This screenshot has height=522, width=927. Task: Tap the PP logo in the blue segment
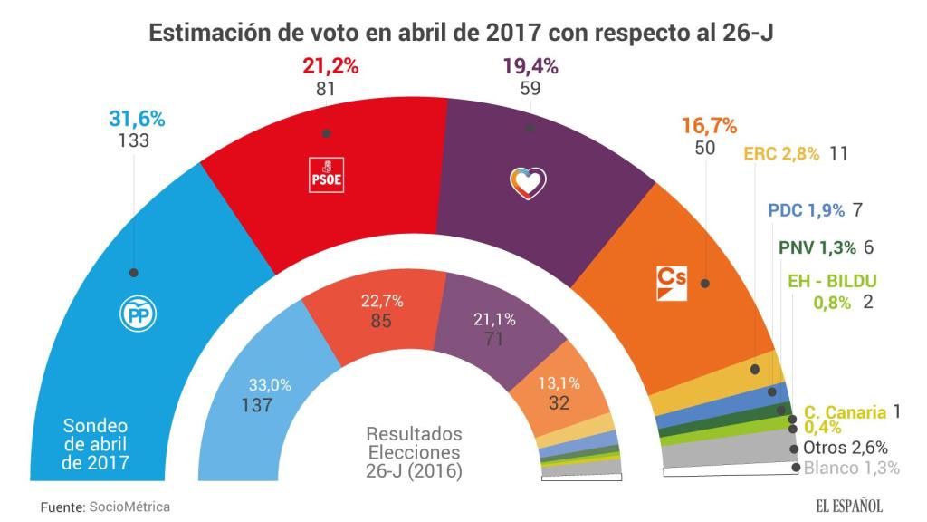click(x=139, y=313)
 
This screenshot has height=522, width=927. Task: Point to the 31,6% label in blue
click(x=137, y=119)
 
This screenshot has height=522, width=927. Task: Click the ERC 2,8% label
click(x=781, y=153)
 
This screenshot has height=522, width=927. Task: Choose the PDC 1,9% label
click(x=806, y=209)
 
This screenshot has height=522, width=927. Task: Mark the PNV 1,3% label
click(x=816, y=247)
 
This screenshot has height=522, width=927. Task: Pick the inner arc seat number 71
click(x=495, y=338)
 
